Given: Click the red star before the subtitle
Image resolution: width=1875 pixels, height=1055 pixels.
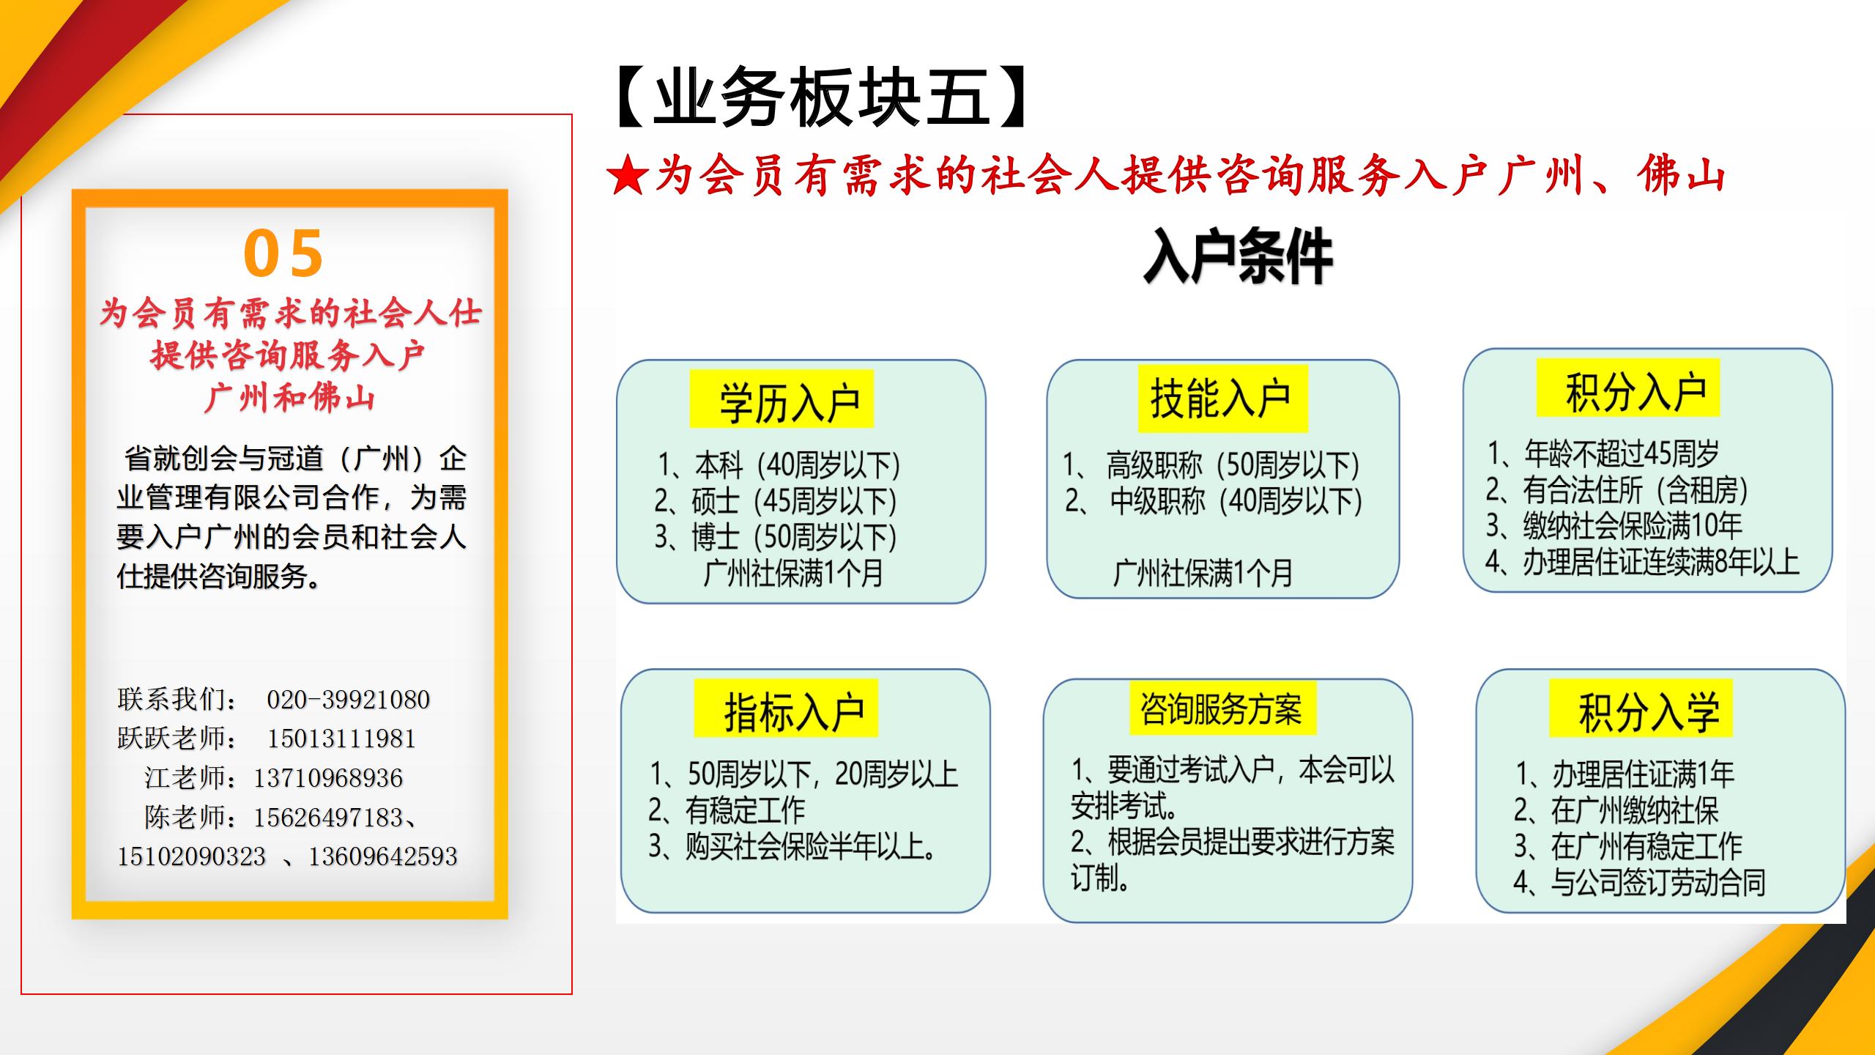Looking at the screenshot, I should [627, 177].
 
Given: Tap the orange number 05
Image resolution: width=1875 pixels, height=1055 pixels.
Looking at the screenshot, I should [283, 253].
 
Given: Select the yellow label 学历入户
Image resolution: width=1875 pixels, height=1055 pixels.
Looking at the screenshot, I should [781, 399].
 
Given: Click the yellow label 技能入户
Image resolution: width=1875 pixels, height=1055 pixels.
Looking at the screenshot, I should [1222, 399].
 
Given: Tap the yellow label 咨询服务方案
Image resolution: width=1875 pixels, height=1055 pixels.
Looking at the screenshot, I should [1222, 708].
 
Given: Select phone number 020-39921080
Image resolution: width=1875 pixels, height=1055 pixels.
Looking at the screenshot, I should [348, 700].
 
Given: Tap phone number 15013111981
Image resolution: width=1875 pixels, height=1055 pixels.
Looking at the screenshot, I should [341, 738].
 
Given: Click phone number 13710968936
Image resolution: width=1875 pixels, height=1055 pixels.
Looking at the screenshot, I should [328, 778].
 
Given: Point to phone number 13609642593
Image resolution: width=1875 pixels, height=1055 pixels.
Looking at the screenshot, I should [382, 856].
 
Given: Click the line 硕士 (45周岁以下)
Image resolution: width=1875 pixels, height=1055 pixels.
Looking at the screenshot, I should [776, 501].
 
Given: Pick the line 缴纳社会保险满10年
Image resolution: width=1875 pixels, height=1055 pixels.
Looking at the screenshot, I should [1614, 525].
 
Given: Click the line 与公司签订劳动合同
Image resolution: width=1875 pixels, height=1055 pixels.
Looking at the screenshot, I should [1640, 882].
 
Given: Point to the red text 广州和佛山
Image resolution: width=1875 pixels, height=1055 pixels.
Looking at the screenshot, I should [290, 398].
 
